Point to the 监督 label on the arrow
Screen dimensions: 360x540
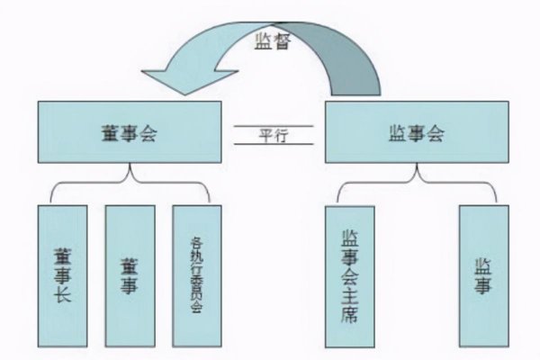(x=273, y=40)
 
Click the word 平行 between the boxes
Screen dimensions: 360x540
(x=274, y=133)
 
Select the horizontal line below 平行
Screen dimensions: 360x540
(x=274, y=143)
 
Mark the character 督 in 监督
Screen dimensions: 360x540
(x=283, y=40)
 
